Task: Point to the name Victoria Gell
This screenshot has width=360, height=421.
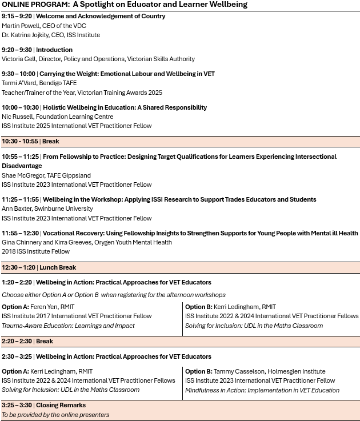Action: [19, 59]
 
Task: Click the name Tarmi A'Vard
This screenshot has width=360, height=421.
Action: [21, 83]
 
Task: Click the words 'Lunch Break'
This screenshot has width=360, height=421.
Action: [58, 267]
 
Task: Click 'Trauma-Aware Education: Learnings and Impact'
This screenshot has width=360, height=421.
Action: [68, 326]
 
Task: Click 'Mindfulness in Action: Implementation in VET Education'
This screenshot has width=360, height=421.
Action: [262, 390]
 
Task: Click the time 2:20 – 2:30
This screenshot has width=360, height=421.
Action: [17, 341]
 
